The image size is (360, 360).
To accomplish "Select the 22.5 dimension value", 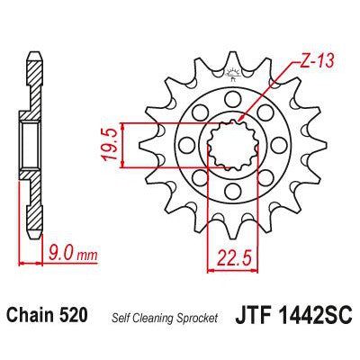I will (x=230, y=264).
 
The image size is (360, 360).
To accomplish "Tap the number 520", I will (x=73, y=317).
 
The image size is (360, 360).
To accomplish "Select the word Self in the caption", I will (x=121, y=318).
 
